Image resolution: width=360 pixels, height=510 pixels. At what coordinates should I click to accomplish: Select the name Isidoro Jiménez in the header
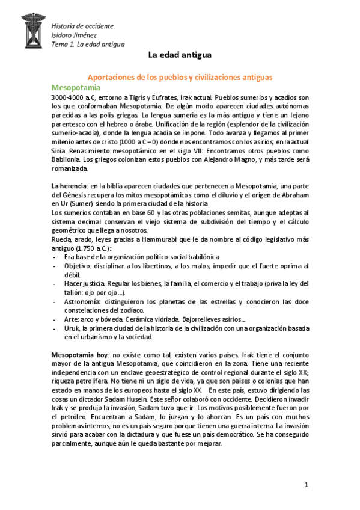point(75,35)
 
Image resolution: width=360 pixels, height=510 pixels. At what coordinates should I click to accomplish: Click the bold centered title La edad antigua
point(180,55)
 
